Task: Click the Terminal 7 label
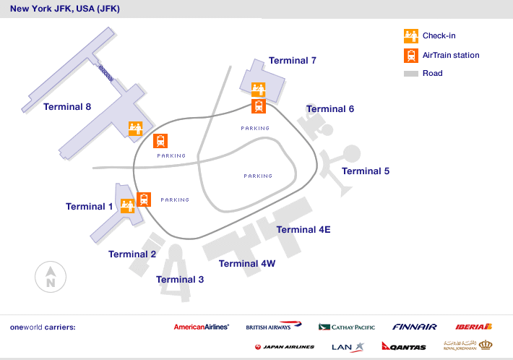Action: point(292,61)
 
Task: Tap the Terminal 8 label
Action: point(67,107)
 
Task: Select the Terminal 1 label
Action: point(90,207)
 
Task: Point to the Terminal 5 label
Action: point(366,171)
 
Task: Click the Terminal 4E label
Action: point(303,230)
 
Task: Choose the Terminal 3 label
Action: point(180,280)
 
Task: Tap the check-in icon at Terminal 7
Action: point(259,90)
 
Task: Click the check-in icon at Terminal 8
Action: point(135,129)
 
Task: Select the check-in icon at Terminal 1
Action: point(128,206)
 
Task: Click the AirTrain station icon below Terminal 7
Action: point(259,106)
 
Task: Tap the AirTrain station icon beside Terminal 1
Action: point(144,200)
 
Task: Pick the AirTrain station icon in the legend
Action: point(410,55)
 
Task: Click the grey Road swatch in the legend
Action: point(410,74)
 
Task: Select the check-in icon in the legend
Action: point(410,35)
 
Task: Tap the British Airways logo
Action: point(273,327)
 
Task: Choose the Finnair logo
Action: point(415,327)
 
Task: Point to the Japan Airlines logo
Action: point(285,347)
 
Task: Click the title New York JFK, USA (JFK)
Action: point(65,9)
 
